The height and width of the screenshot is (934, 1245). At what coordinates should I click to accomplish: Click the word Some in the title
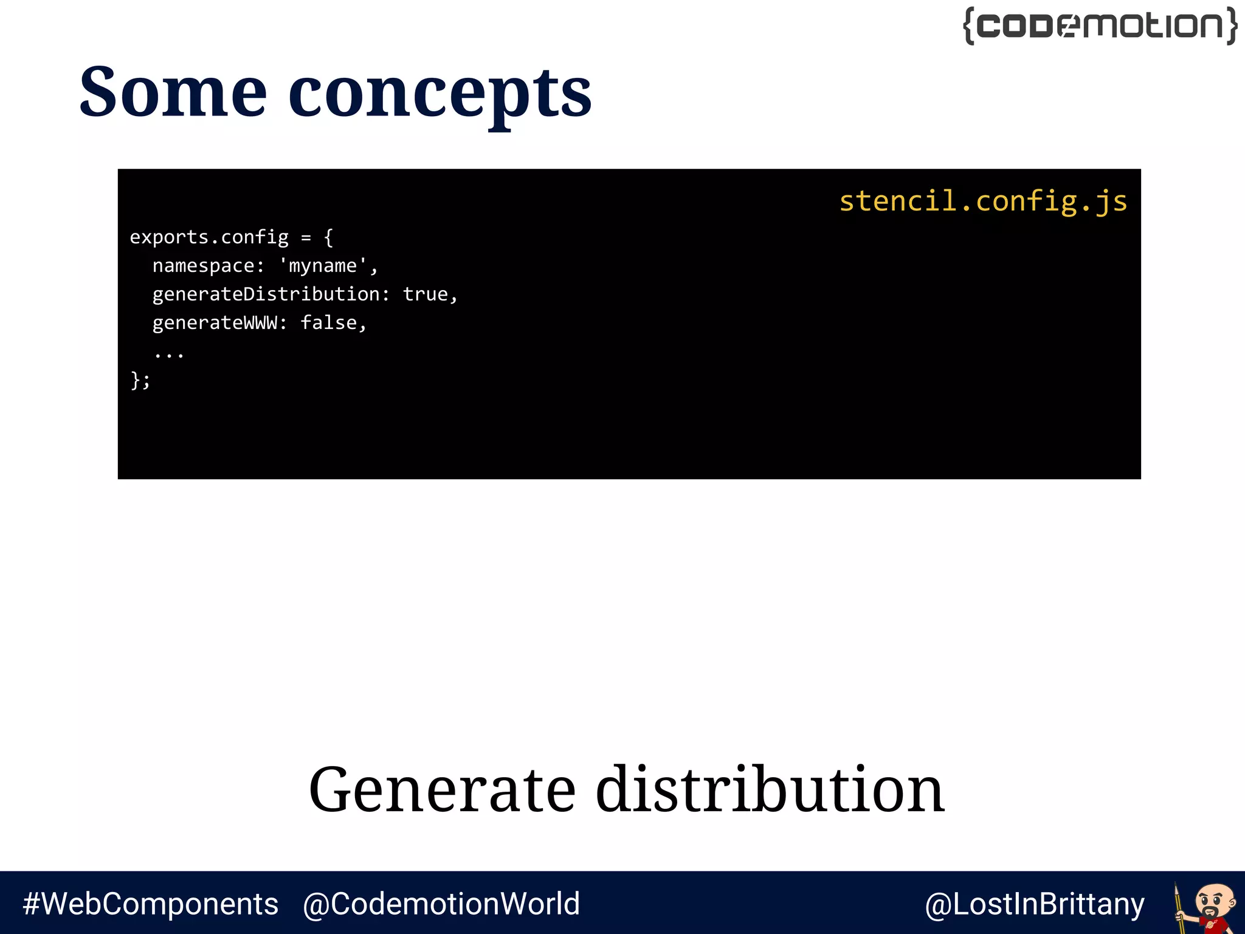tap(173, 92)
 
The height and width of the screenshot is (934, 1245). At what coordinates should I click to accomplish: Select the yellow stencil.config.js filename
tap(982, 201)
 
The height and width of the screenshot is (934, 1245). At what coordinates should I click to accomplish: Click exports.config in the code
tap(209, 237)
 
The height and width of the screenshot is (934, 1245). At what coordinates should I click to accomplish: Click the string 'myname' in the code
tap(323, 266)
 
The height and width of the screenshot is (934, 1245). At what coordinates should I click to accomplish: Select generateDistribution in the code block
tap(266, 294)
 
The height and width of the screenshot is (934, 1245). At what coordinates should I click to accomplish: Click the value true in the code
tap(425, 294)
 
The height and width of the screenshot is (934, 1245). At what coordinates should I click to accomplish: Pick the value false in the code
tap(329, 323)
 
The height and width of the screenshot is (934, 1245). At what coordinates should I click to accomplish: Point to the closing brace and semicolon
tap(140, 381)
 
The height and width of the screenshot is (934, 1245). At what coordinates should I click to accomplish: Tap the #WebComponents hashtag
tap(150, 904)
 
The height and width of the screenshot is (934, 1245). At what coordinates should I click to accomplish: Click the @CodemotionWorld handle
tap(441, 904)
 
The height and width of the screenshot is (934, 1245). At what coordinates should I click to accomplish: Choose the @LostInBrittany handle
tap(1034, 904)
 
